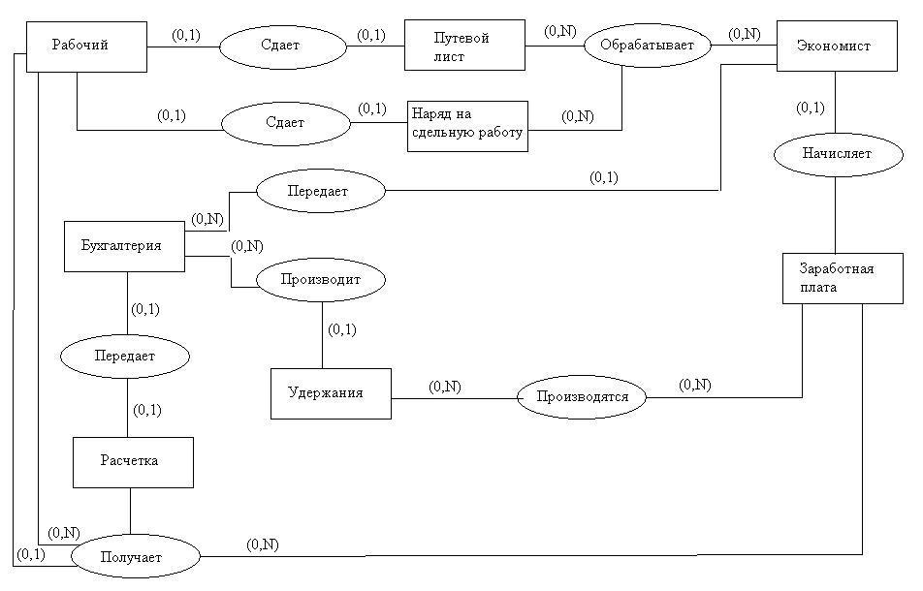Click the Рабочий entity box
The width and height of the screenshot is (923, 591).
(86, 46)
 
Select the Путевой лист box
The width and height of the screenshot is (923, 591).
(463, 46)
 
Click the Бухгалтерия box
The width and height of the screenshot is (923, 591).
(124, 247)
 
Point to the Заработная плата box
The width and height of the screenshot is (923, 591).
(843, 278)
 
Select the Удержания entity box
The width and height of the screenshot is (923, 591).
(331, 393)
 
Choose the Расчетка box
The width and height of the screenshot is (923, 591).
(133, 461)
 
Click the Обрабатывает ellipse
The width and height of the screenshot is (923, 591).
(647, 45)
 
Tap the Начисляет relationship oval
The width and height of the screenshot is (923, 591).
(836, 153)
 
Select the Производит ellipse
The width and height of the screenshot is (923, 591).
(321, 280)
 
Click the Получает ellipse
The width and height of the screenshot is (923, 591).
(136, 557)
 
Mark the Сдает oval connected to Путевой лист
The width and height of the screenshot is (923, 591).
(282, 46)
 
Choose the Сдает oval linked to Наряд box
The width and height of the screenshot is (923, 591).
(285, 124)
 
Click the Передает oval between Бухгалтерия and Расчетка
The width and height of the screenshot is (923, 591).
(124, 357)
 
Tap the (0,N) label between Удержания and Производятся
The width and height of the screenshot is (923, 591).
(445, 386)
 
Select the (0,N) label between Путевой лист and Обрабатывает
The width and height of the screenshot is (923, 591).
(559, 31)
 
